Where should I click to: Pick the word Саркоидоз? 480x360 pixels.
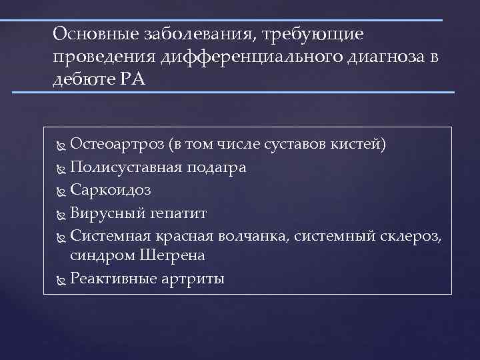tap(110, 190)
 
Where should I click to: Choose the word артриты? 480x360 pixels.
tap(193, 279)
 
